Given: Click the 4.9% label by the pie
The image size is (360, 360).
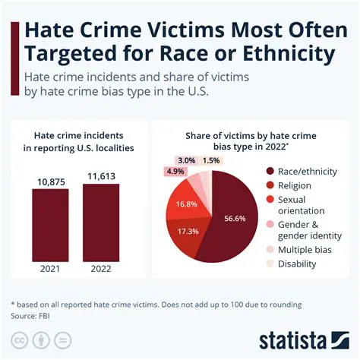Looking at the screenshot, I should point(175,172).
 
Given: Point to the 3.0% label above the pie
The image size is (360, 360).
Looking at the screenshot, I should point(185,160).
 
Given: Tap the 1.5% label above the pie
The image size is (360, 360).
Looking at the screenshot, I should point(211,160).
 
